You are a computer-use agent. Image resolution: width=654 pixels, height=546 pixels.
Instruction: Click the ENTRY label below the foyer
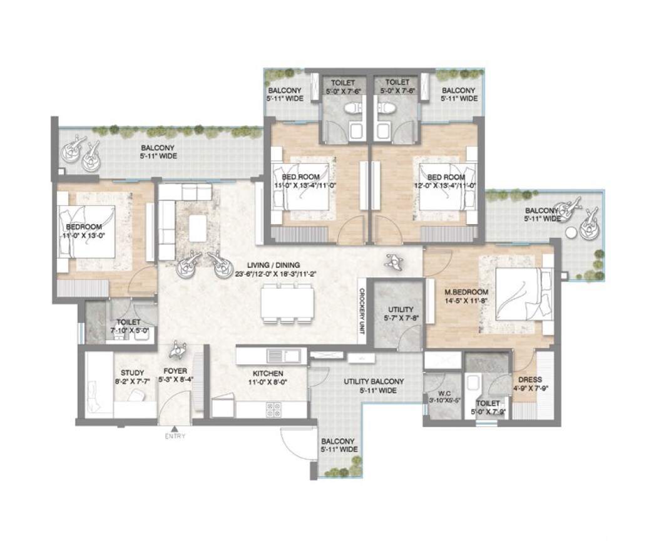coord(175,436)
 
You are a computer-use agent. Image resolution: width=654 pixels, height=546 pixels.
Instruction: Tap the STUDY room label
coord(132,372)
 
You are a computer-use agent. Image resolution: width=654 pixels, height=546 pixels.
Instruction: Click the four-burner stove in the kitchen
coord(273,409)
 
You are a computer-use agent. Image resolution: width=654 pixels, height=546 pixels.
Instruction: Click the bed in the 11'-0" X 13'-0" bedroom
coord(86,232)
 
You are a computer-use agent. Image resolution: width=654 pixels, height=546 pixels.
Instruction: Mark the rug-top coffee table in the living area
coord(198,224)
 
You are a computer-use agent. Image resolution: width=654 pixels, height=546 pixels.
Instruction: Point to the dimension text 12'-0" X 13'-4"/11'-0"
coord(442,186)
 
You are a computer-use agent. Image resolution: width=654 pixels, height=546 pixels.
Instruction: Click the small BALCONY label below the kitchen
coord(339,441)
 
